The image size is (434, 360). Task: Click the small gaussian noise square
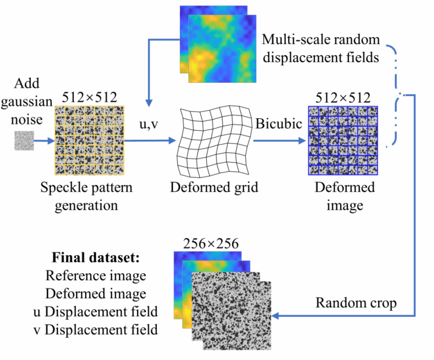click(x=24, y=141)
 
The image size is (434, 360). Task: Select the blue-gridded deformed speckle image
click(x=344, y=140)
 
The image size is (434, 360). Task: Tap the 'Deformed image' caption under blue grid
click(x=344, y=196)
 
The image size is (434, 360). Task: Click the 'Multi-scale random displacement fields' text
click(x=321, y=48)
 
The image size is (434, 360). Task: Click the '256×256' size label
click(x=211, y=243)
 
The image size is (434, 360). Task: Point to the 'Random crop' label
click(x=356, y=303)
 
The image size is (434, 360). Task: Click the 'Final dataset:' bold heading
click(x=95, y=260)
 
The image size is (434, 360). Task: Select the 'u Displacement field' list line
click(x=95, y=312)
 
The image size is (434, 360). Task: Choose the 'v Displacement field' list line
click(x=95, y=328)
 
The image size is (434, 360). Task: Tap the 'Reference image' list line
click(x=95, y=277)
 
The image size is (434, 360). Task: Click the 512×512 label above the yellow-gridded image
click(x=90, y=97)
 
